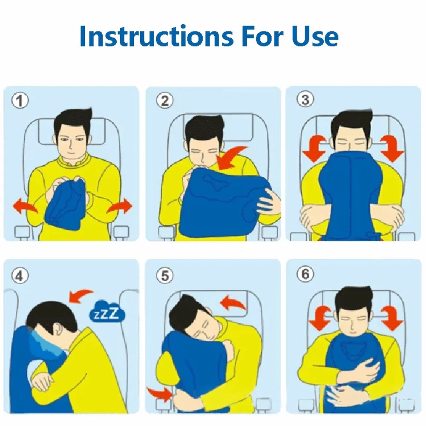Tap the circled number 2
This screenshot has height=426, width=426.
tap(164, 101)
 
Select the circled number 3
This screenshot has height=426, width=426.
tap(305, 101)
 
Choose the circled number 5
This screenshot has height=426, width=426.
tap(164, 276)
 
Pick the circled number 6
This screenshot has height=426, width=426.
tap(305, 275)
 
